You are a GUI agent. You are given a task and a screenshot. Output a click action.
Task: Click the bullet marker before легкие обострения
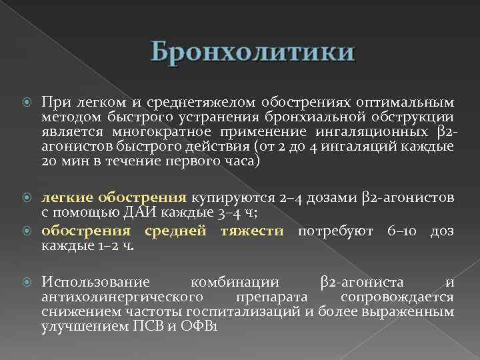(x=27, y=198)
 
